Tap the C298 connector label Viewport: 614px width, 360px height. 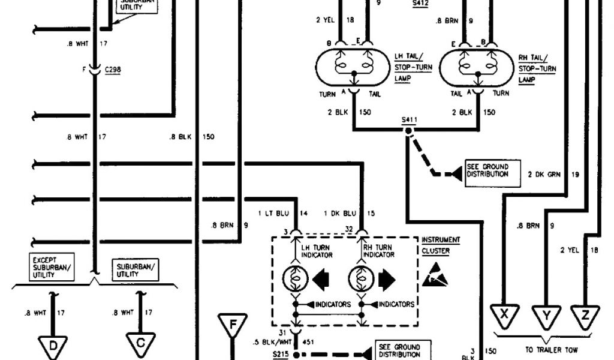[x=113, y=70]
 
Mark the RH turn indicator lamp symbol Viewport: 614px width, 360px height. [x=360, y=279]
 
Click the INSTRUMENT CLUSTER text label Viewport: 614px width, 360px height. [x=441, y=245]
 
